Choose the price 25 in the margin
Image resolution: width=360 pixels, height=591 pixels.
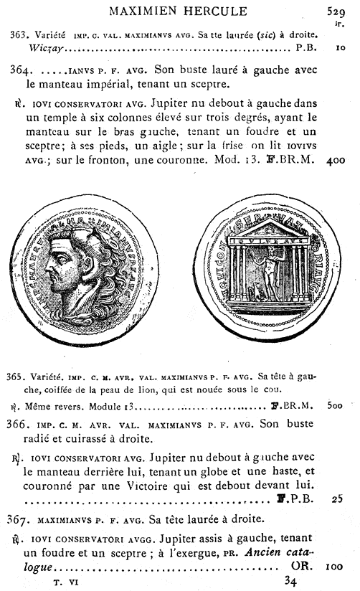coord(338,497)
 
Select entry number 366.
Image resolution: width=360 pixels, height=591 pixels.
coord(22,423)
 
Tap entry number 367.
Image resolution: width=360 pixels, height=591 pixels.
coord(22,519)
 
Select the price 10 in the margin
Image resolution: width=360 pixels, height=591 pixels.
coord(339,50)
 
